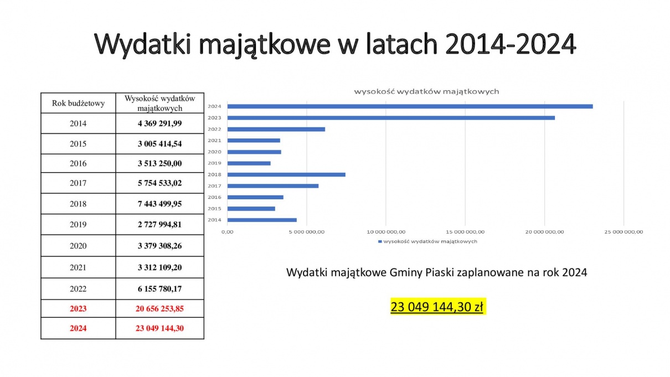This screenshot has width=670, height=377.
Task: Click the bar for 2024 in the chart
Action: (x=410, y=106)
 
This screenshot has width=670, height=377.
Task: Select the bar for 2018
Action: (x=286, y=174)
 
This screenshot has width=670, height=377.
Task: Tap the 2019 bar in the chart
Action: (x=249, y=163)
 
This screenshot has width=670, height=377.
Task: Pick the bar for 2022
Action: (x=276, y=129)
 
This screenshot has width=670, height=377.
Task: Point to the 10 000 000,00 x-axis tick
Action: (x=386, y=232)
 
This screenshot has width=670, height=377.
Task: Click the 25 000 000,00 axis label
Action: (x=623, y=232)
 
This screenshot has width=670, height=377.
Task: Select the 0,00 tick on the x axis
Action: (x=228, y=232)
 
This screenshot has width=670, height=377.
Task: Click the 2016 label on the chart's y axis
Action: (x=214, y=197)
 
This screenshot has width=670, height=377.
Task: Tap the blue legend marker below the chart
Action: (x=380, y=241)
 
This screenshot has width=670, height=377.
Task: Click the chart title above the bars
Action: (x=426, y=91)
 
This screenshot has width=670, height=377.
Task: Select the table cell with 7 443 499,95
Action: (x=159, y=204)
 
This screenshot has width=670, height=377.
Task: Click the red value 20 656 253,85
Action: (x=159, y=308)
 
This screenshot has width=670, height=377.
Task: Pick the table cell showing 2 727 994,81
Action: (x=159, y=224)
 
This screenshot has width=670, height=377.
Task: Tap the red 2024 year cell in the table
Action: (x=78, y=328)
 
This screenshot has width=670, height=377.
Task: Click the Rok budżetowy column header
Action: (x=78, y=103)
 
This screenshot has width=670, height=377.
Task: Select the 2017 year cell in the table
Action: (x=78, y=183)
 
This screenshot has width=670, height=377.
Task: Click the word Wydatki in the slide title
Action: (x=143, y=44)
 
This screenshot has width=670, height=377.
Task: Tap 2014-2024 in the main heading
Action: (x=511, y=44)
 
